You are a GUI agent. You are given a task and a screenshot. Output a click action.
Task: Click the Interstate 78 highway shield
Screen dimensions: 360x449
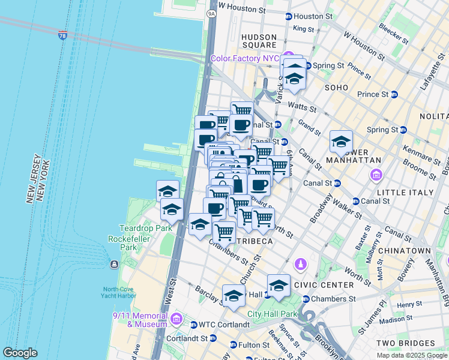tap(63, 35)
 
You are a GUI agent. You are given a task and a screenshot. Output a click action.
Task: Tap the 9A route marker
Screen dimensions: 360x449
tap(211, 12)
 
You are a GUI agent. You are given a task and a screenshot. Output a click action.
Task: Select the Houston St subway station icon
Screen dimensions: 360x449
tap(289, 17)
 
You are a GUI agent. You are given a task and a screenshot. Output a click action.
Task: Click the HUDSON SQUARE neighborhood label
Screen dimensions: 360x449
tap(258, 41)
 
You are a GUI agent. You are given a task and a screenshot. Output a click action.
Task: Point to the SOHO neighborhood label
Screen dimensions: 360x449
tap(336, 88)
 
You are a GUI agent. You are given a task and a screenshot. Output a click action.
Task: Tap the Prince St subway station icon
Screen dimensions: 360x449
tap(394, 94)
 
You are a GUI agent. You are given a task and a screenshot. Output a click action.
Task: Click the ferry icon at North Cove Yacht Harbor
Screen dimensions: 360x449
tap(114, 265)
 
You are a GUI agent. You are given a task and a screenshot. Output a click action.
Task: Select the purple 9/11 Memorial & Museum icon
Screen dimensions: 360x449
tap(176, 317)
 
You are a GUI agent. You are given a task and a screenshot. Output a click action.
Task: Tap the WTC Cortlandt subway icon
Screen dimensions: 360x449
tap(194, 325)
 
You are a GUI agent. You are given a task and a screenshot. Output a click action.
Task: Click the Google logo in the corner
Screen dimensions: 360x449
tap(20, 353)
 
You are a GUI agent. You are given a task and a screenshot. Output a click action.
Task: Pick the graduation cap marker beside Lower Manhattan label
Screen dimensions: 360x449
tap(341, 142)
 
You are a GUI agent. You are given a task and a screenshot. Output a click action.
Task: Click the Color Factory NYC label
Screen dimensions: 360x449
tap(246, 58)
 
